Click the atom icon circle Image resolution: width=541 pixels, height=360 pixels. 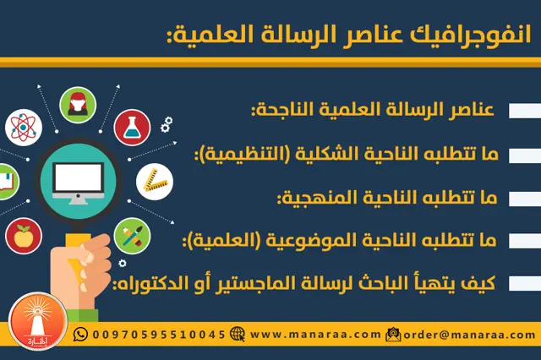click(x=23, y=127)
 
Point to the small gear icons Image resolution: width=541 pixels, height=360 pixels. click(x=166, y=124)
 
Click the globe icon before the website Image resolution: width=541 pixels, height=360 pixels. click(x=237, y=334)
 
